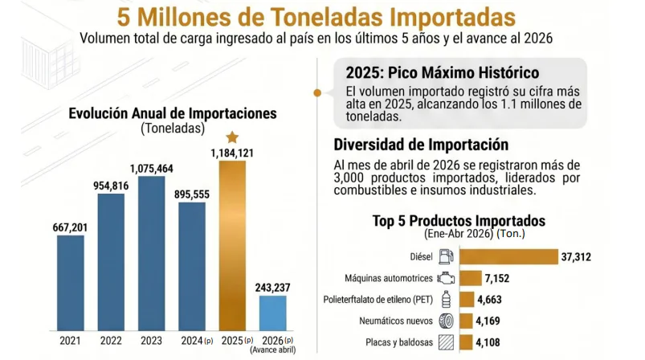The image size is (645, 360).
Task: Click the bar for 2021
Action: [71, 283]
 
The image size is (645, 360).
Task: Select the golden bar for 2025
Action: [232, 246]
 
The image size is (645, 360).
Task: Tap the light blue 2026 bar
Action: [273, 313]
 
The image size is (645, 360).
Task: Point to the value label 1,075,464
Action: [151, 169]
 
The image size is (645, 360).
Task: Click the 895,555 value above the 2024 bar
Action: [192, 194]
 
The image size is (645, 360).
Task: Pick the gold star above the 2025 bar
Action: [232, 137]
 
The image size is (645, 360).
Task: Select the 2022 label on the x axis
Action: [111, 341]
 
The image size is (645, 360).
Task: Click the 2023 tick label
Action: [151, 341]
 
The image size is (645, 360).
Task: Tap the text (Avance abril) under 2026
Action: [273, 350]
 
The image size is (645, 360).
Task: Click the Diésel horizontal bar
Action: [508, 256]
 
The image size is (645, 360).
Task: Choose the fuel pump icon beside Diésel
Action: [446, 256]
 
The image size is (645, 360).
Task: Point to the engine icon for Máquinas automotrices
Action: [446, 279]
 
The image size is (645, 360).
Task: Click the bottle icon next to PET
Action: [446, 300]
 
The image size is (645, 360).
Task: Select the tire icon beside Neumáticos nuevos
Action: [446, 321]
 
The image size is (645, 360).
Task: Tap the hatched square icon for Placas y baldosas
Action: [446, 342]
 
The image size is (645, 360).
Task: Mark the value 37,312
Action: [576, 257]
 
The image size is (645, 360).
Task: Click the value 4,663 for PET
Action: [489, 300]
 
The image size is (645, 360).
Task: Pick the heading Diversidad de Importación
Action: [421, 145]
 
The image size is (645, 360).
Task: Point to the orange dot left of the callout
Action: [317, 93]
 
